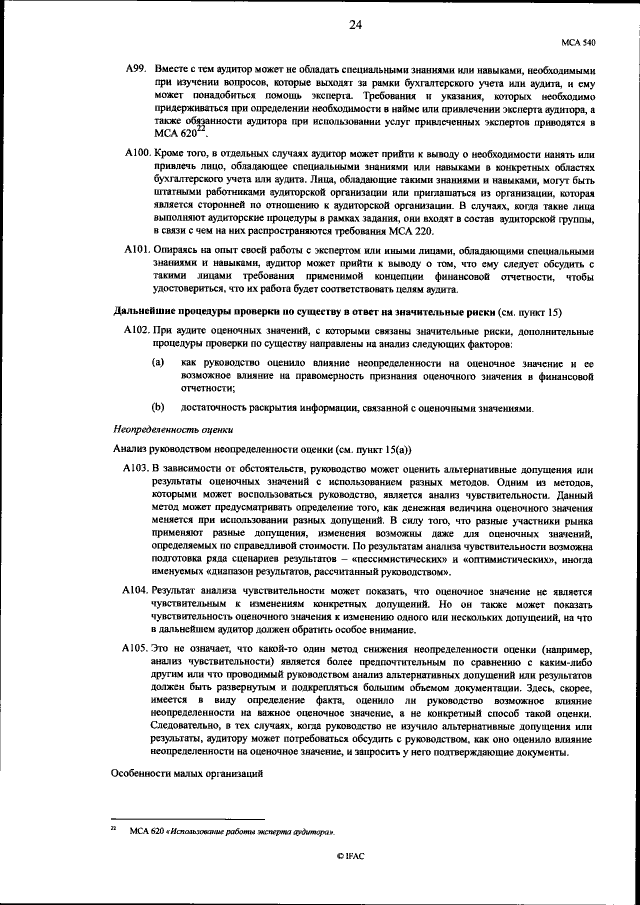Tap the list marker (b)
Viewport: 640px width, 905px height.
(x=158, y=407)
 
